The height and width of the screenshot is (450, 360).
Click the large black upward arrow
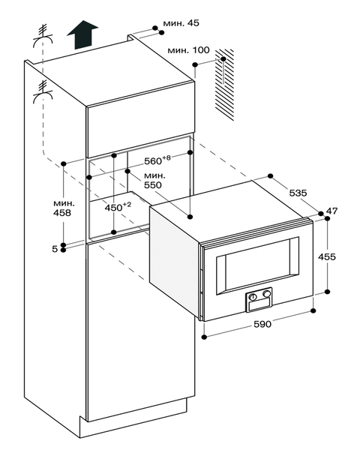tap(82, 34)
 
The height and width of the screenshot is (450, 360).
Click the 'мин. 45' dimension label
tap(181, 23)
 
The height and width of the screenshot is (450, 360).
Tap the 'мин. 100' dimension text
tap(188, 50)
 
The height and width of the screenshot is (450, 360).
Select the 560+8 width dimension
tap(157, 160)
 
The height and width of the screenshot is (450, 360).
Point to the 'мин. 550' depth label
tap(154, 180)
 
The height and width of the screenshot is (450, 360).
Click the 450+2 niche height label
tap(118, 207)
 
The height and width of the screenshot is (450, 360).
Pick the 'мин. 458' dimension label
tap(64, 208)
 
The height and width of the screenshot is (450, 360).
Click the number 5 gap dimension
tap(55, 249)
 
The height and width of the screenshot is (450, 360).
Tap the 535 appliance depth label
tap(298, 193)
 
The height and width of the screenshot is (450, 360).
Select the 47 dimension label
tap(331, 211)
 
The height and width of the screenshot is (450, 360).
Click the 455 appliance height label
tap(327, 256)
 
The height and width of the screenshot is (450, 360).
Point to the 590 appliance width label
tap(262, 324)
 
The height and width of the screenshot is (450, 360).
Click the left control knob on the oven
tap(253, 297)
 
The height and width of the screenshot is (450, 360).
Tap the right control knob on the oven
tap(267, 294)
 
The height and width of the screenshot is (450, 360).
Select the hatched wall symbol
tap(224, 85)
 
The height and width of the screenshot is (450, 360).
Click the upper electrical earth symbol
tap(43, 35)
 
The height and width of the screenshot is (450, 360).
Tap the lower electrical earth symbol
tap(43, 91)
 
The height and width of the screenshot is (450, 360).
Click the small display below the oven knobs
tap(259, 305)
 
